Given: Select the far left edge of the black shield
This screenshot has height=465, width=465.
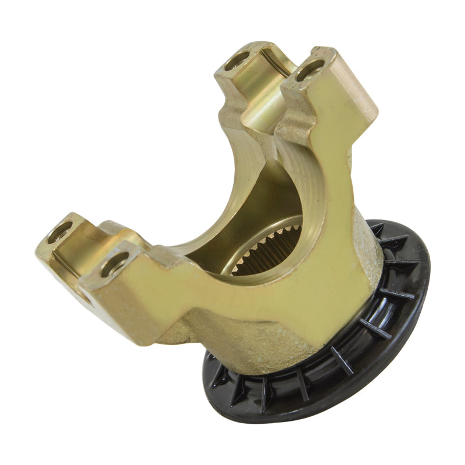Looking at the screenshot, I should (205, 372).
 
